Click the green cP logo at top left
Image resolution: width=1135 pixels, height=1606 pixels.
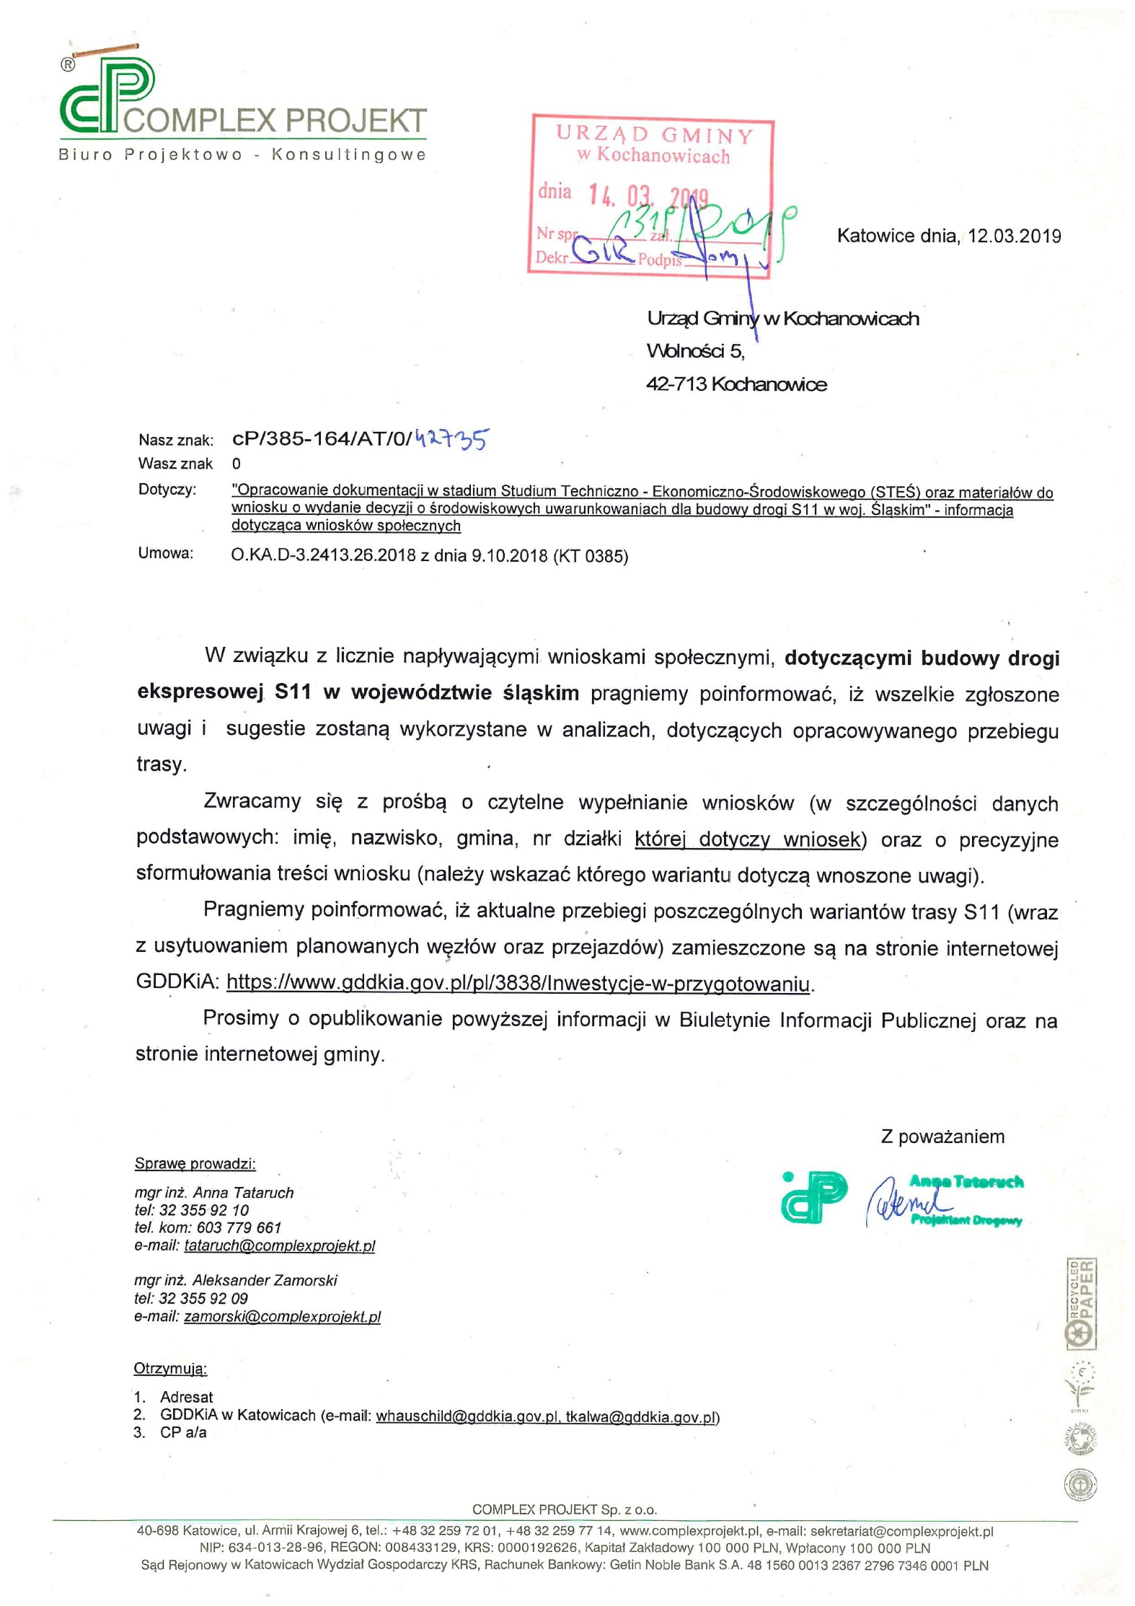coord(107,97)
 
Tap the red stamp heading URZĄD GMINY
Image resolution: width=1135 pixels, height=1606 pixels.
coord(654,135)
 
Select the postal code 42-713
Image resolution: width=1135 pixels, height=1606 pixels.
coord(676,384)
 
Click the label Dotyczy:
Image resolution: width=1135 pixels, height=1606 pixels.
coord(167,490)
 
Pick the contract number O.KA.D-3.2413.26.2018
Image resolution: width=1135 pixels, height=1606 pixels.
coord(324,555)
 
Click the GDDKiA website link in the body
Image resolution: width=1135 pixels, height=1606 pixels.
coord(518,983)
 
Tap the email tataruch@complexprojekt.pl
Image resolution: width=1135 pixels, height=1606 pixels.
coord(280,1245)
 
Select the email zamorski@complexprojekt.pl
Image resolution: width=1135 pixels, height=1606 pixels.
coord(282,1316)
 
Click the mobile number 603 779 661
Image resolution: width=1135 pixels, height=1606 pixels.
coord(239,1227)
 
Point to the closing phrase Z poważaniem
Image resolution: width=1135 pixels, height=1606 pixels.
coord(942,1137)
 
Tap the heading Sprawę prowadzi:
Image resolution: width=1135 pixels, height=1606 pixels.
coord(195,1163)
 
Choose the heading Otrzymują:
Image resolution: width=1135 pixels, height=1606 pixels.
coord(170,1368)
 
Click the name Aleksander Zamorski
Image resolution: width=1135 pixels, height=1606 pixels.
coord(265,1281)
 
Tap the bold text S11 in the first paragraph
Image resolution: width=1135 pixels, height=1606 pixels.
coord(293,692)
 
